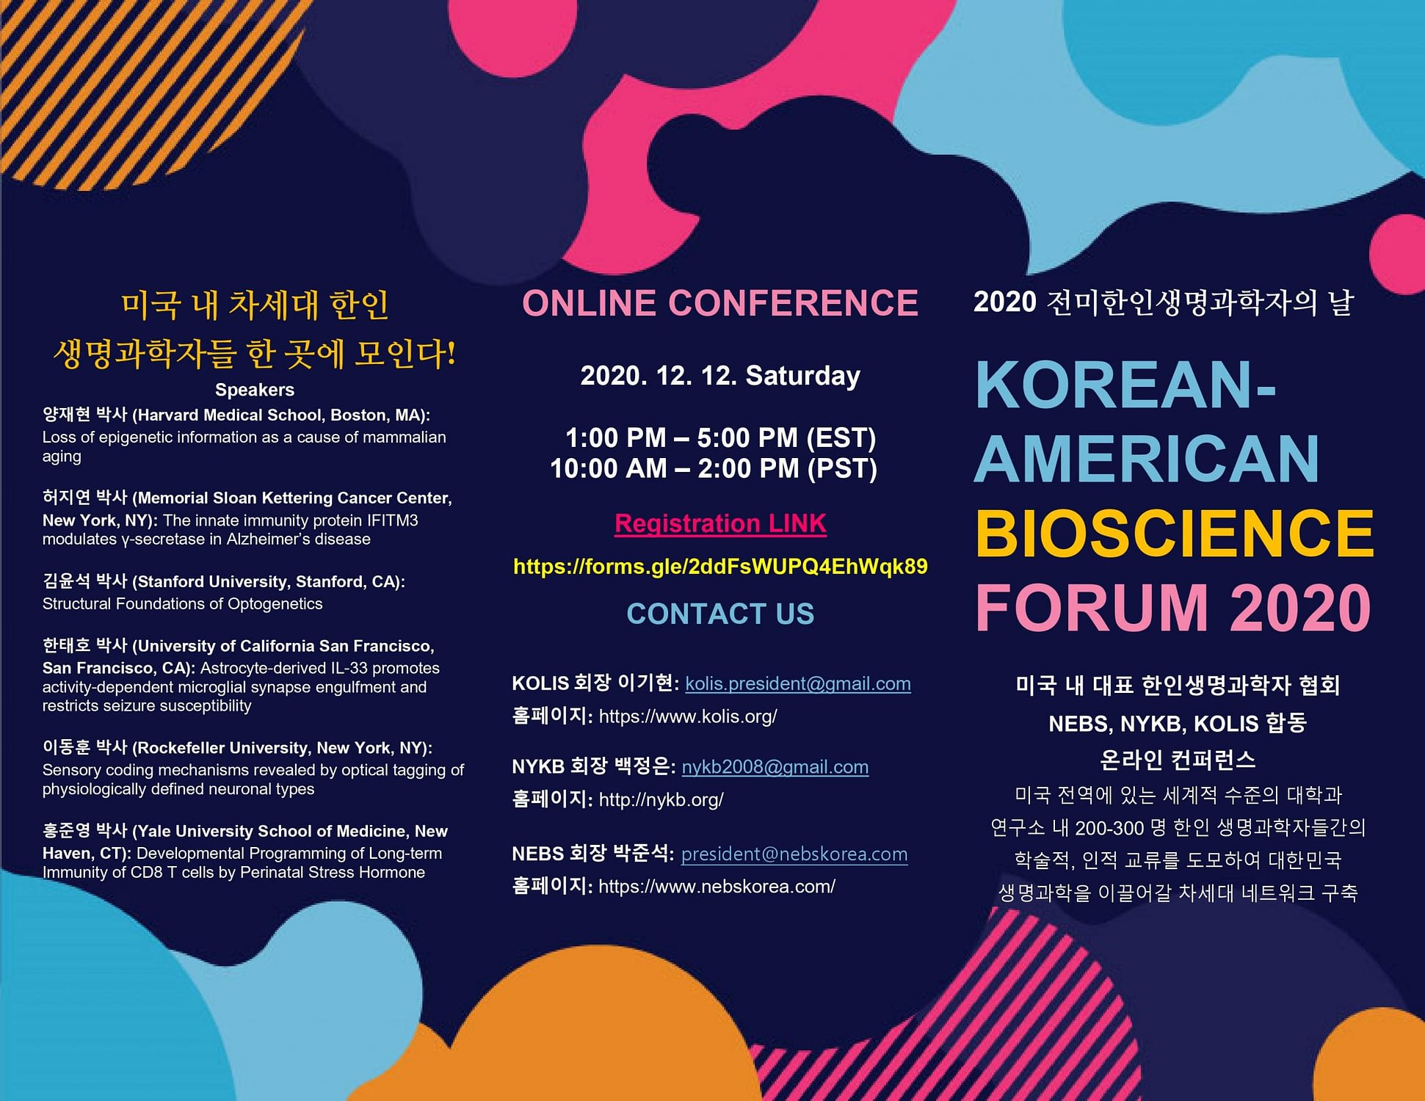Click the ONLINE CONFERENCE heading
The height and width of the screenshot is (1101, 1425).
(x=720, y=303)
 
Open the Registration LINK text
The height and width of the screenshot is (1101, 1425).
(x=720, y=523)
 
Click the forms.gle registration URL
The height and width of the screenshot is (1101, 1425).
(x=720, y=566)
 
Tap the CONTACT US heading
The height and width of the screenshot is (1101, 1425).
(x=720, y=614)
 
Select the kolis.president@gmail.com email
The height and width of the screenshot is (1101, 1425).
(x=798, y=683)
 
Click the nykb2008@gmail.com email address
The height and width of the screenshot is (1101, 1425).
(x=775, y=767)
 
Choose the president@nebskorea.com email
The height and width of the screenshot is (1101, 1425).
(x=794, y=854)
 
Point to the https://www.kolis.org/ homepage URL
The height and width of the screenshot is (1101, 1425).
(x=688, y=716)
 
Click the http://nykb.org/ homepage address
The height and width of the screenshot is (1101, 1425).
(x=661, y=799)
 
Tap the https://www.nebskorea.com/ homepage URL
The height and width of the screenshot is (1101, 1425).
(x=717, y=887)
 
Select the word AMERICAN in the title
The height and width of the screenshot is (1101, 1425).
(x=1147, y=459)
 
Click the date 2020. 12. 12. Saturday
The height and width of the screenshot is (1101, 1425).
(x=720, y=376)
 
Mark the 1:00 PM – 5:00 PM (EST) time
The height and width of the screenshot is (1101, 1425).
(x=720, y=438)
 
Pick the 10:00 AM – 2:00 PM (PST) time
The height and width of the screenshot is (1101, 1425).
(x=714, y=468)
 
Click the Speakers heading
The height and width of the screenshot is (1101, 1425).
(x=255, y=390)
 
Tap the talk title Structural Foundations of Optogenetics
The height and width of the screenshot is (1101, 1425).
(x=182, y=604)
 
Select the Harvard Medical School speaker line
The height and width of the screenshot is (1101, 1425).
(x=236, y=415)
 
